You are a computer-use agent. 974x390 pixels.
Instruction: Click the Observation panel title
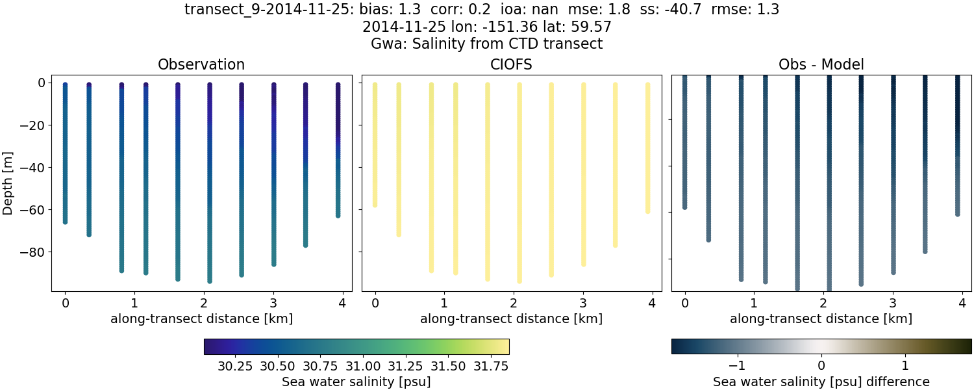click(201, 64)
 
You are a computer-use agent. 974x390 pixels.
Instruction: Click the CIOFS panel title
click(512, 64)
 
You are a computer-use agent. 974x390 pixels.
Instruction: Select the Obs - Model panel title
click(821, 64)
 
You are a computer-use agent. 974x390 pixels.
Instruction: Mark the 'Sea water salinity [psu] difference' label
click(821, 382)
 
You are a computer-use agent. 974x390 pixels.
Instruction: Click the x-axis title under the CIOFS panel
click(512, 319)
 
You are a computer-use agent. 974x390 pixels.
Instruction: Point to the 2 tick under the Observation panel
click(203, 303)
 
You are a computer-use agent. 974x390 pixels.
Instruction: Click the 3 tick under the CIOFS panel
click(582, 303)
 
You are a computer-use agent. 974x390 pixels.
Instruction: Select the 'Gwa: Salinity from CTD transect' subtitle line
click(487, 44)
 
